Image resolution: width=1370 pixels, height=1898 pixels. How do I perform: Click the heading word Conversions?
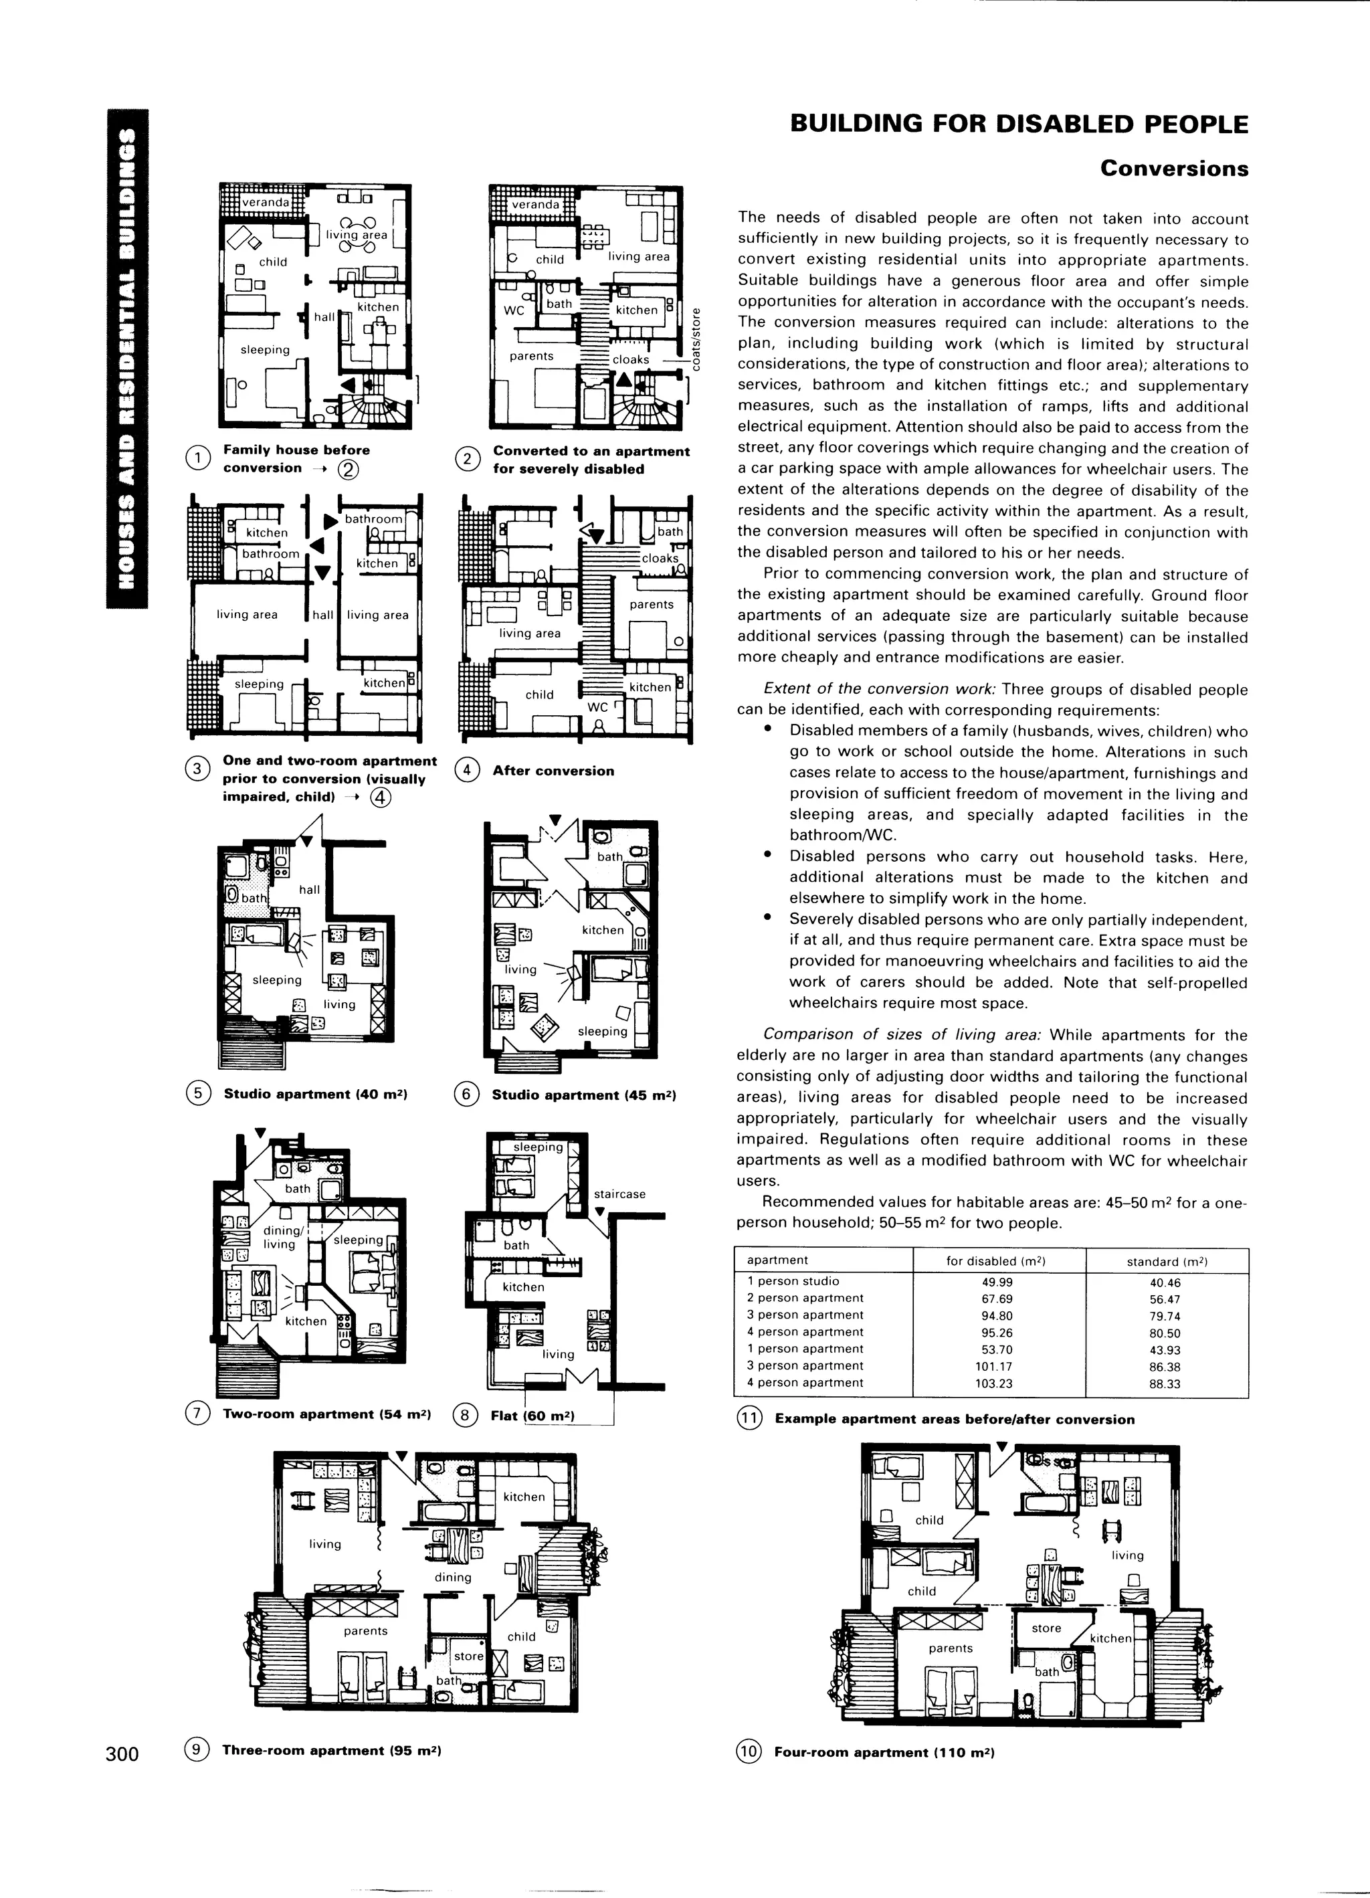coord(1173,168)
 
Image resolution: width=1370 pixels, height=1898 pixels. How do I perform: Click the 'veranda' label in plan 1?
coord(266,203)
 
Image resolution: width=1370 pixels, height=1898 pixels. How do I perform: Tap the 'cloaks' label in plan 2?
coord(631,360)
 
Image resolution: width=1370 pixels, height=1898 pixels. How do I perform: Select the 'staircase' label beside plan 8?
coord(619,1194)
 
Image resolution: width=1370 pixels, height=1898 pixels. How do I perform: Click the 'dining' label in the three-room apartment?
coord(453,1578)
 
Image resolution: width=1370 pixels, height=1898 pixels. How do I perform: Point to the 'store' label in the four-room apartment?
coord(1046,1628)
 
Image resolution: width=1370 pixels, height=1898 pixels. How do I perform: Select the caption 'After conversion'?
coord(553,771)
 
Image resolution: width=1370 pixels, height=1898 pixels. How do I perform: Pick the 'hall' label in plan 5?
coord(310,890)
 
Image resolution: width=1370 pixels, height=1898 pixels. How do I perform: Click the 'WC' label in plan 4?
coord(597,707)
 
